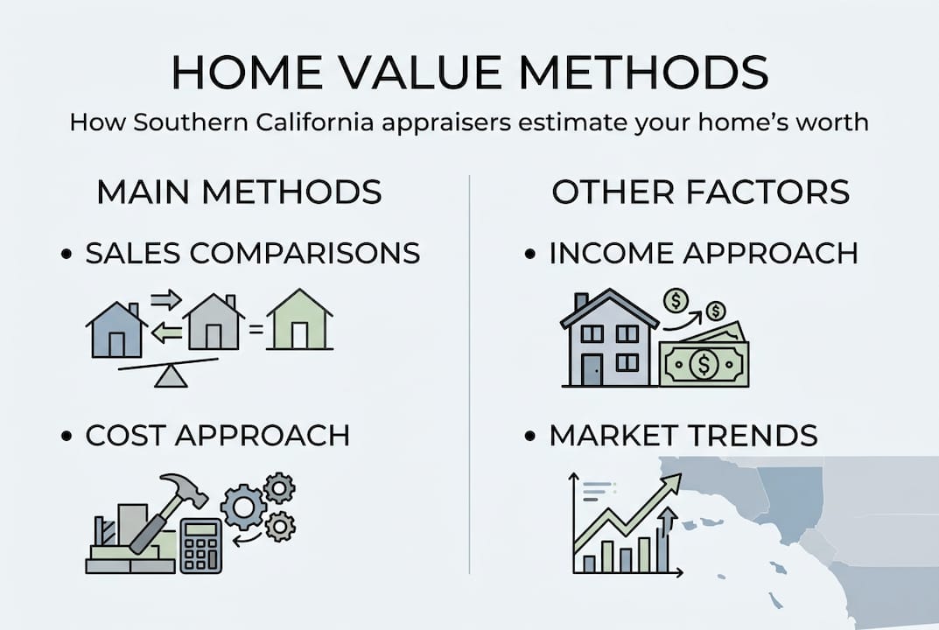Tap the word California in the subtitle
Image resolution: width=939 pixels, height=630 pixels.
click(x=315, y=122)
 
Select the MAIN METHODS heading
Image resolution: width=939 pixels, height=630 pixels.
click(x=239, y=192)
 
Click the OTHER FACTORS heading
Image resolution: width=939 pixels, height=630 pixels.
click(x=701, y=192)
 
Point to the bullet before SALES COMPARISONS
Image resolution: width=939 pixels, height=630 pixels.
click(x=67, y=254)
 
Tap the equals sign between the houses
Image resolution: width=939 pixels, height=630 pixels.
click(x=256, y=329)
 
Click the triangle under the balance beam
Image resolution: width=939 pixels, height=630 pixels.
click(x=171, y=377)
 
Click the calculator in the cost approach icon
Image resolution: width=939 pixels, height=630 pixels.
click(x=201, y=545)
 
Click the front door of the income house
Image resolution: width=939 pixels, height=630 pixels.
click(x=592, y=369)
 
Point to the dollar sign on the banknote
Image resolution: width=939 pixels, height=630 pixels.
click(x=704, y=363)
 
